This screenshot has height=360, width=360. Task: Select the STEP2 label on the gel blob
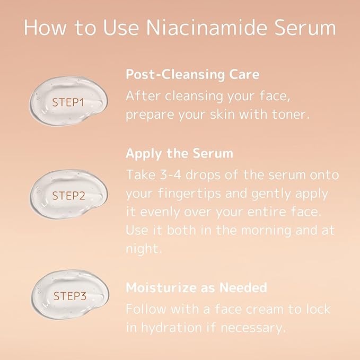[68, 196]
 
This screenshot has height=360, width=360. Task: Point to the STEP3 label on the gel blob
[69, 296]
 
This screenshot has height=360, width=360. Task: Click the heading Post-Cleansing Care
[192, 74]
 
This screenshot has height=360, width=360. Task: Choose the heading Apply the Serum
[179, 154]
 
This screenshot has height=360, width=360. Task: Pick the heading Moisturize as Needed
[196, 288]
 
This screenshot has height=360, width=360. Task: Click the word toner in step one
[289, 115]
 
